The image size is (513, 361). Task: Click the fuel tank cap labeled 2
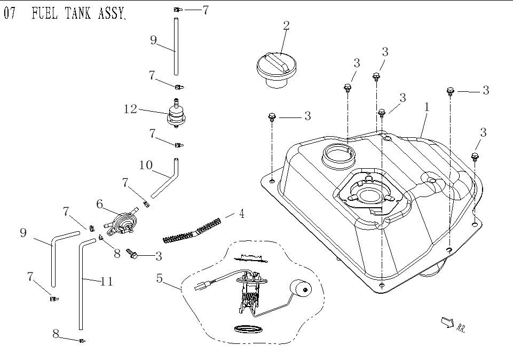coord(274,69)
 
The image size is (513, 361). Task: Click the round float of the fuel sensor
coord(301,289)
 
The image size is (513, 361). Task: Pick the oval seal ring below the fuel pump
coord(248,328)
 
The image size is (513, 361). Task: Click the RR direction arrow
coord(447,321)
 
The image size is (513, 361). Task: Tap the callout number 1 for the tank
coord(427,107)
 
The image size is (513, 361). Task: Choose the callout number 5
coord(159,278)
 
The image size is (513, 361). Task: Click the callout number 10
coord(146,165)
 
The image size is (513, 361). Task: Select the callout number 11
coord(107,281)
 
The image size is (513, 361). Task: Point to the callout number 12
coord(130,109)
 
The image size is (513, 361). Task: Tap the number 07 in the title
coord(10,13)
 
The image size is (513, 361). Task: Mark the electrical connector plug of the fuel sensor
coord(203,286)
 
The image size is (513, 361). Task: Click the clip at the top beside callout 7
coord(177,10)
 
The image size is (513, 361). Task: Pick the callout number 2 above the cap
coord(287,26)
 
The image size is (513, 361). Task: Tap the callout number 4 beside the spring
coord(241,214)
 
